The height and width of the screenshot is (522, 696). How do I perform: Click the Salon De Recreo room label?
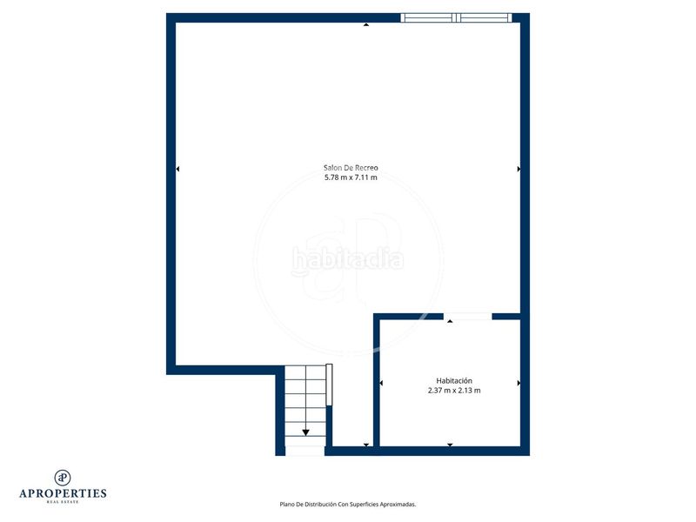click(x=351, y=167)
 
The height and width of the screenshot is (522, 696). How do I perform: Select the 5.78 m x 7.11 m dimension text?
click(x=351, y=177)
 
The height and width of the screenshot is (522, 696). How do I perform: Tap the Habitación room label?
click(x=454, y=380)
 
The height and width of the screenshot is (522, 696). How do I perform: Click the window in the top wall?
click(x=456, y=17)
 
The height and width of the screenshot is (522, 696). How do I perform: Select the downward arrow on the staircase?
click(x=306, y=431)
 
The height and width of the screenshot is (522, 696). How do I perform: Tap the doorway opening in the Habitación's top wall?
click(x=467, y=315)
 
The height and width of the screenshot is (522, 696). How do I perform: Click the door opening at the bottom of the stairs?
click(x=304, y=451)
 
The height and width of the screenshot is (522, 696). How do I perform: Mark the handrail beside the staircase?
click(x=329, y=384)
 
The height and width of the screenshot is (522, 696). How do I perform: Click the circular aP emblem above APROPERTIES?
click(x=63, y=477)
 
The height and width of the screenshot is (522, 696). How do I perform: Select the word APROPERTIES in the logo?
click(x=63, y=493)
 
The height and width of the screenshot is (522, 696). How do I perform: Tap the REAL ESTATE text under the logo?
click(x=63, y=502)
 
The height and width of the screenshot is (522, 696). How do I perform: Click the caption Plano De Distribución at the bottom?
click(x=347, y=504)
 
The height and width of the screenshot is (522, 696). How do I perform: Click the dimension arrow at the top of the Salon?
click(x=365, y=24)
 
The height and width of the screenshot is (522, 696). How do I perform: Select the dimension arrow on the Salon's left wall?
click(x=178, y=169)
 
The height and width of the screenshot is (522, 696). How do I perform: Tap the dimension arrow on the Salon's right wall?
click(x=519, y=169)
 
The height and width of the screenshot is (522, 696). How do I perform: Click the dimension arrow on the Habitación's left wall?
click(x=381, y=383)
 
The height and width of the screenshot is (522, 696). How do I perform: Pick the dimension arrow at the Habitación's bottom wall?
click(x=450, y=445)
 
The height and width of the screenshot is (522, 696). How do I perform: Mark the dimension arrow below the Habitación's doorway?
click(x=450, y=322)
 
